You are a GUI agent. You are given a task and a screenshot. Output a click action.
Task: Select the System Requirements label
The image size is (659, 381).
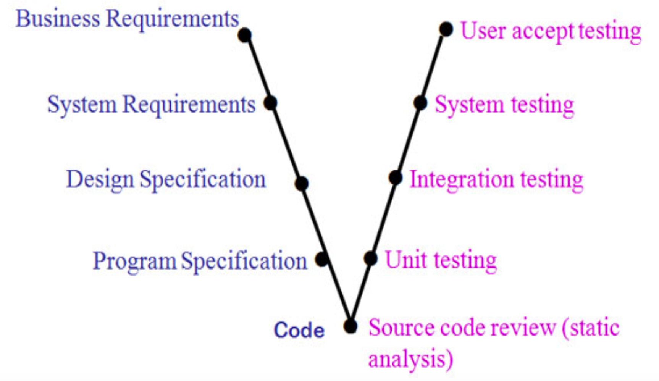coord(151,104)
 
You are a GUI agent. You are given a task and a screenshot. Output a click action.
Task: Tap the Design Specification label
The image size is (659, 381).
coord(166,179)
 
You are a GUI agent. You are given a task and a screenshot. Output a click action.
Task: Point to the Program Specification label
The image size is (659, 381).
coord(200,261)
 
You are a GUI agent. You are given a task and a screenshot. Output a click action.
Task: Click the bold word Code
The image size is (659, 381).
coord(299,330)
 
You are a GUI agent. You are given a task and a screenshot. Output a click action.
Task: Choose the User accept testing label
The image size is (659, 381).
coord(551,31)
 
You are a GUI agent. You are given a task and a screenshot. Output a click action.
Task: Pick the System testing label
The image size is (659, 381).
coord(504,105)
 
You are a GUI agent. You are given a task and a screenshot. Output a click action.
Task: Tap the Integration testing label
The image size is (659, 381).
coord(496,179)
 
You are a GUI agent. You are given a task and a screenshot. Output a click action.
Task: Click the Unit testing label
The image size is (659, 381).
coord(441,260)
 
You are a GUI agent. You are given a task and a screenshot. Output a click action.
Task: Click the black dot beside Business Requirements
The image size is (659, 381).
coord(244,35)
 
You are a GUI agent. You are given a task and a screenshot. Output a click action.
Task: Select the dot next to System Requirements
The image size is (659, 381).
coord(270,103)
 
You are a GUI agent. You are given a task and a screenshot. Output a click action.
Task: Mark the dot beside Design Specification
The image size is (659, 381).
coord(302,184)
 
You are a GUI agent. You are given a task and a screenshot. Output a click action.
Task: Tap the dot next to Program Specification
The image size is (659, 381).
coord(322,260)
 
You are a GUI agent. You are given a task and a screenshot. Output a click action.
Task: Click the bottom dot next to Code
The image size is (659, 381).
coord(350,326)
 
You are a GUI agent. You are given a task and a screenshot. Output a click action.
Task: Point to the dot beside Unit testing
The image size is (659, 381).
coord(370,258)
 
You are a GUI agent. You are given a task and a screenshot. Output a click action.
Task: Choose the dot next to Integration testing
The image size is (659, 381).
coord(396,178)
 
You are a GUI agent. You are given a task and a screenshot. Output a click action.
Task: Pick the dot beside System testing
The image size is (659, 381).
coord(420,103)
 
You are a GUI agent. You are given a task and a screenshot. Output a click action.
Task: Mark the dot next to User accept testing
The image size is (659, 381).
coord(446,29)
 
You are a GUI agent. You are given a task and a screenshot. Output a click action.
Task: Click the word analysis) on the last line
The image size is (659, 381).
coord(410,359)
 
